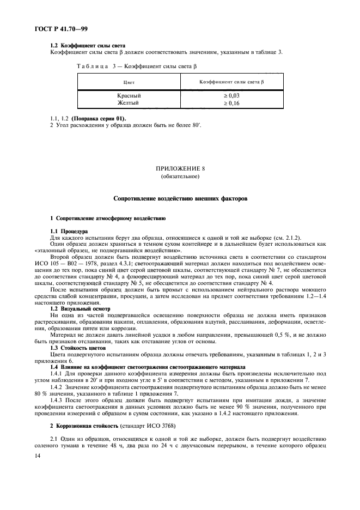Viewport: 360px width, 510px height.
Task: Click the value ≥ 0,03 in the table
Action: click(x=231, y=95)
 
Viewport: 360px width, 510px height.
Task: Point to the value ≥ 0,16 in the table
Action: click(x=231, y=102)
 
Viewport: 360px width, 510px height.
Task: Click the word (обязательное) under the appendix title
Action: click(x=180, y=178)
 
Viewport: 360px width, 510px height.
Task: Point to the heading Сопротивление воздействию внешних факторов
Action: click(x=180, y=199)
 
